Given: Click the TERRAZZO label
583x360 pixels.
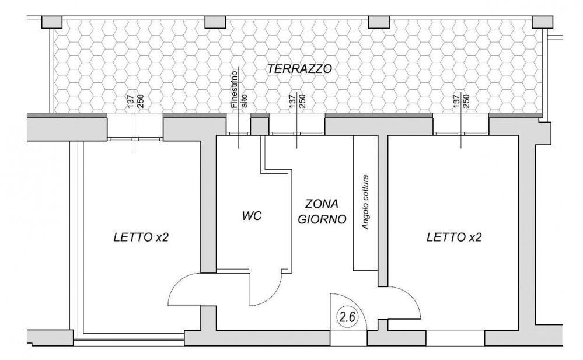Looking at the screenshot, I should pos(299,69).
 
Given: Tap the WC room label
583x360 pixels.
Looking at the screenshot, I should pos(252,216).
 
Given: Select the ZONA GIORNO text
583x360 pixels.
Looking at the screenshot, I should pos(322,212).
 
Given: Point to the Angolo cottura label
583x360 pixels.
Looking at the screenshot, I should pos(366,201).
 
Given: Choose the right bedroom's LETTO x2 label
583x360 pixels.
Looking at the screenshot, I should pos(454,237).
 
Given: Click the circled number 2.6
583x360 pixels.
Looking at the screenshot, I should pos(348,317).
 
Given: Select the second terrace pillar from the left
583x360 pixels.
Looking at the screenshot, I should pos(215,22).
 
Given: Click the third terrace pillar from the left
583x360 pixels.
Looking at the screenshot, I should pos(380,22).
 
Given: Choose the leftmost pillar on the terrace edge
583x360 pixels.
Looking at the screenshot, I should pos(52,22).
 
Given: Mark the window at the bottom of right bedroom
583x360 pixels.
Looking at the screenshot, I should pos(455,338).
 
